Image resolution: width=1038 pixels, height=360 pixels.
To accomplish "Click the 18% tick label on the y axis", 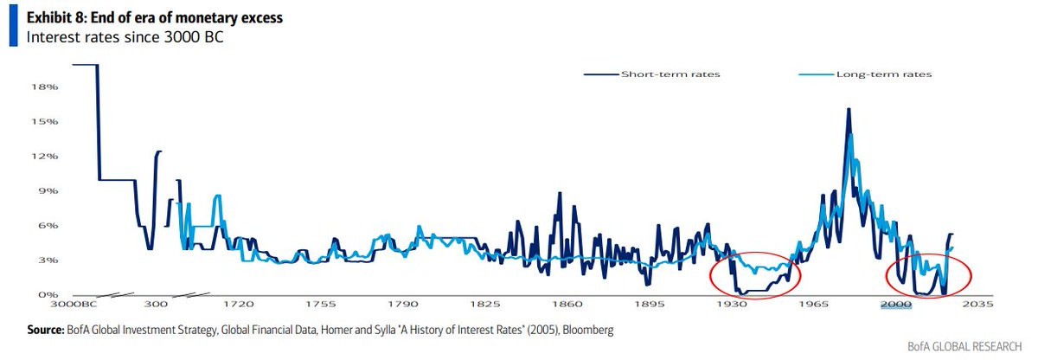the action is (44, 87).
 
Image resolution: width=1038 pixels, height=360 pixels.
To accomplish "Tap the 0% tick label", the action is (48, 294).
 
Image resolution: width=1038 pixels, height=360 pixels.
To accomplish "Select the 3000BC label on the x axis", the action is (74, 304).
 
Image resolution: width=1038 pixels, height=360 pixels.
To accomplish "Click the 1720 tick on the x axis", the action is (239, 304).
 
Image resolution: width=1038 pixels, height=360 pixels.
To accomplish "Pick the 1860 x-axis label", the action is (567, 304).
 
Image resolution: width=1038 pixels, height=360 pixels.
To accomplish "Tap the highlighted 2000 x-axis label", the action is (896, 304).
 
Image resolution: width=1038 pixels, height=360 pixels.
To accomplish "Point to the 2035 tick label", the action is (977, 304).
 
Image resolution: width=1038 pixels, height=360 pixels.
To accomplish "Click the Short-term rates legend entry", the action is (652, 74).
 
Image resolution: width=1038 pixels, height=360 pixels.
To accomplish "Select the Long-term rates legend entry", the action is (865, 74).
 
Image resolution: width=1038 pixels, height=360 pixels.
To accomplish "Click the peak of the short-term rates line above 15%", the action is (849, 109).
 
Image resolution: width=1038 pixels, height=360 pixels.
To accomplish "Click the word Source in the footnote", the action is (45, 330).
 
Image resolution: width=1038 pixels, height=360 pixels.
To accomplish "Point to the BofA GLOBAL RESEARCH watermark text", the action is (964, 346).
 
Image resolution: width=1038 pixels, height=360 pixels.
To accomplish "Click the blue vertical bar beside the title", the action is (14, 25).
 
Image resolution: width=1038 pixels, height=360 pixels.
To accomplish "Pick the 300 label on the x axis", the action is (156, 304).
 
